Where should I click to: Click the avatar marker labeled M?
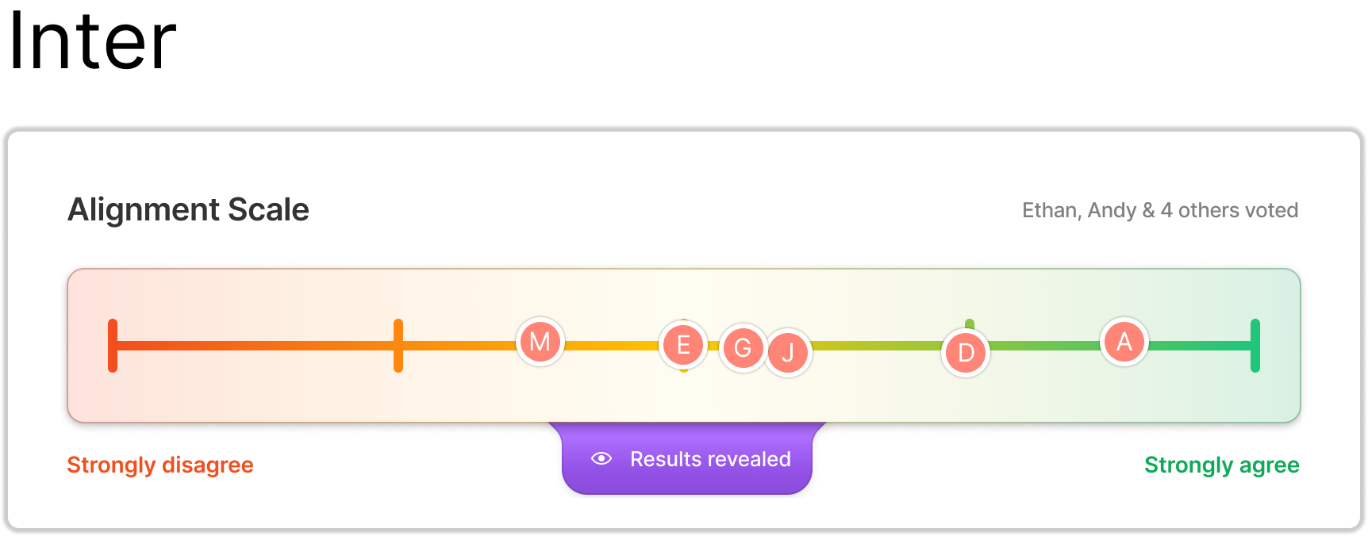click(x=540, y=342)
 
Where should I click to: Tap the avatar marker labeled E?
click(x=683, y=345)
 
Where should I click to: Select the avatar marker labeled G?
click(x=743, y=347)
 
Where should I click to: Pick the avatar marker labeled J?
click(x=788, y=352)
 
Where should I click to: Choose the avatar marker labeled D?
click(x=966, y=352)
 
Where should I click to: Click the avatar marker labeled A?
click(x=1124, y=342)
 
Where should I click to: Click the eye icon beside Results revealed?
click(x=601, y=458)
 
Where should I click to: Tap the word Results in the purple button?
click(x=666, y=459)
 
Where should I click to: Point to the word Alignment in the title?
click(x=144, y=210)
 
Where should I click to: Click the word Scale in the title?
click(x=268, y=210)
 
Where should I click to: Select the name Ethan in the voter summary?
click(x=1049, y=210)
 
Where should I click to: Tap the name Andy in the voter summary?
click(x=1112, y=210)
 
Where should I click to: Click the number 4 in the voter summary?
click(x=1166, y=210)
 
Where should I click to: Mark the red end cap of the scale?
click(x=113, y=345)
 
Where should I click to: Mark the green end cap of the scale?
click(x=1255, y=345)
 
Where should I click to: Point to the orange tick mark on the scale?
click(x=398, y=345)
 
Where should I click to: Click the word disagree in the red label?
click(x=208, y=465)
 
